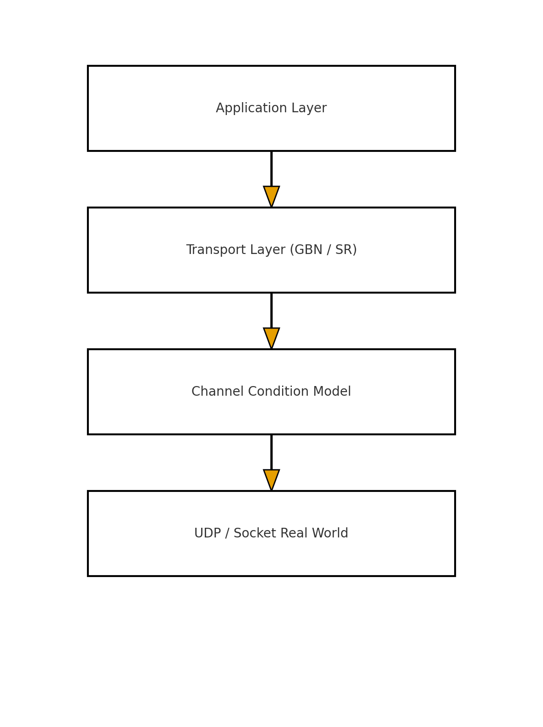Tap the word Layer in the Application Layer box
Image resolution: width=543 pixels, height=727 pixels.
311,109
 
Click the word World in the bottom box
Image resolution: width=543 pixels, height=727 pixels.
330,534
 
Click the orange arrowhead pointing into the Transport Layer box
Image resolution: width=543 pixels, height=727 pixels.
271,195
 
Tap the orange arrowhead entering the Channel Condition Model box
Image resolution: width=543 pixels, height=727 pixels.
271,337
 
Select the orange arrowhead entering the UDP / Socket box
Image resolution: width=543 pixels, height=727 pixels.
271,479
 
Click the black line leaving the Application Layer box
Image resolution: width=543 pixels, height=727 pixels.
271,168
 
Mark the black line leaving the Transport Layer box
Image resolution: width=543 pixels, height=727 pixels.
271,310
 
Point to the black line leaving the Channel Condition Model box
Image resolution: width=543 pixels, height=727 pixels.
271,452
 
